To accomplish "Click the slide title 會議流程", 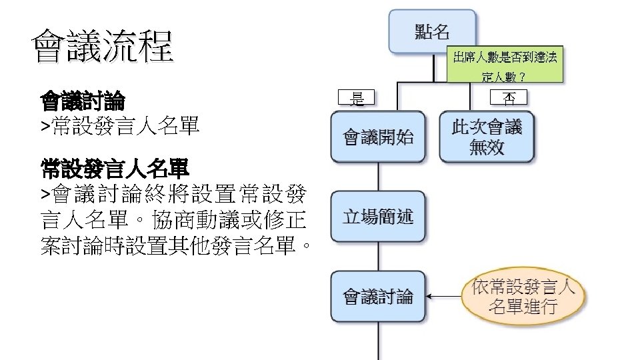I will (x=102, y=46).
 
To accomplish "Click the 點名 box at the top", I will (x=432, y=31).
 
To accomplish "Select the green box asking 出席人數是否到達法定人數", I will (x=505, y=65).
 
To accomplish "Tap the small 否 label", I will (x=508, y=98).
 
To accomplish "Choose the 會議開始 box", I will (x=378, y=137).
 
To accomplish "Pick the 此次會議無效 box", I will (x=487, y=137).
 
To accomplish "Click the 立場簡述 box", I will (x=378, y=216).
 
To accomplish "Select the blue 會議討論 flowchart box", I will (x=378, y=296).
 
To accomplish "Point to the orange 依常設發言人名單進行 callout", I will (x=523, y=297).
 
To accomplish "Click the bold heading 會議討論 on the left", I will (x=83, y=102).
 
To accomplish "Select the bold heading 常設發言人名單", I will (x=114, y=169).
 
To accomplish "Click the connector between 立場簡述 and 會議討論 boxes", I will (x=379, y=256).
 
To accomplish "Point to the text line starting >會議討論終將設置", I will (x=173, y=195).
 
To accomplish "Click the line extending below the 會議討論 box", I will (x=379, y=341).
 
